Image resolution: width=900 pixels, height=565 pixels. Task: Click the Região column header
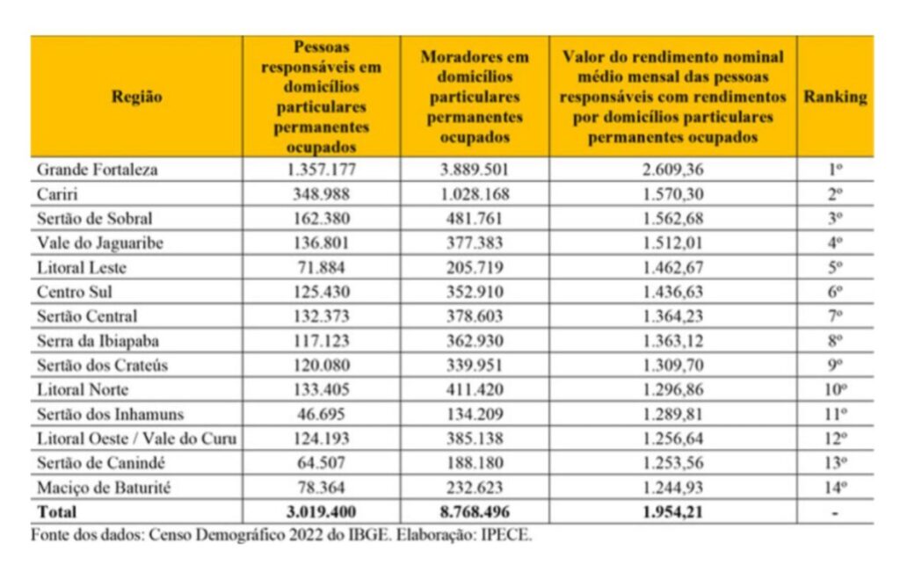click(136, 98)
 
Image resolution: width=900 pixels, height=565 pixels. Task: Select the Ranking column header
click(834, 98)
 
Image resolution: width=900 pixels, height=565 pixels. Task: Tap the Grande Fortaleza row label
click(97, 170)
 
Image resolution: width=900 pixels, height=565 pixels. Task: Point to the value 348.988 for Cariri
click(321, 194)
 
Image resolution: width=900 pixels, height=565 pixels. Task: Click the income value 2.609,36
click(672, 170)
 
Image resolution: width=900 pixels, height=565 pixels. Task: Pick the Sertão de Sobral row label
click(88, 218)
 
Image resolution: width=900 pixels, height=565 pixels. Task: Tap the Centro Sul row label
click(74, 291)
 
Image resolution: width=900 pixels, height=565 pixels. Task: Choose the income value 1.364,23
click(672, 315)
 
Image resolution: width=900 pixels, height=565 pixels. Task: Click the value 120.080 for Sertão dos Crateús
click(321, 364)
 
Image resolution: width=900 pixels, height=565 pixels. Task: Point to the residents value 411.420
click(475, 388)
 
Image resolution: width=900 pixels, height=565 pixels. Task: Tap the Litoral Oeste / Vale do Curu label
click(136, 437)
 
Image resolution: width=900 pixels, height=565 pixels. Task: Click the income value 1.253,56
click(672, 461)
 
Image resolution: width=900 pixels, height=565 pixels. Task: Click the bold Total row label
click(56, 511)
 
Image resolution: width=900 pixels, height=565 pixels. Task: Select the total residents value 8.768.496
click(475, 511)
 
